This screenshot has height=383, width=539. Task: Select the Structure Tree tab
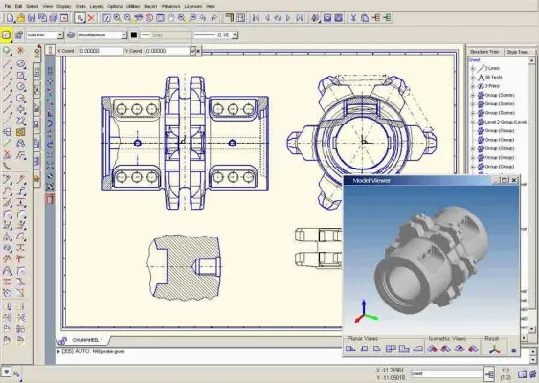click(483, 51)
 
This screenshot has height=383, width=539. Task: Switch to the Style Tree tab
click(519, 51)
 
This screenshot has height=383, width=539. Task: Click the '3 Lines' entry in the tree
click(492, 68)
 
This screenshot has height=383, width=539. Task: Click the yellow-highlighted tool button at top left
click(6, 34)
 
